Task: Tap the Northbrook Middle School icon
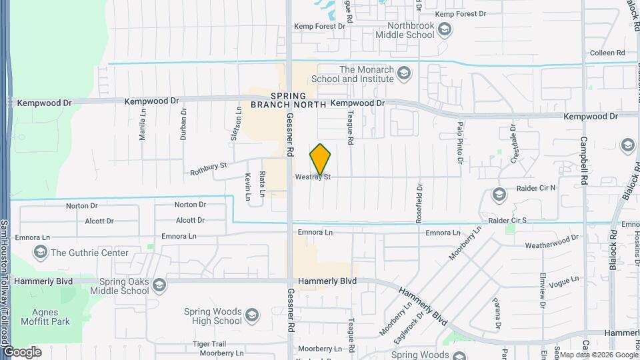445,29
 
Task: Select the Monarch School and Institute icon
403,73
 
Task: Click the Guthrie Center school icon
41,253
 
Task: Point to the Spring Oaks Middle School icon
159,286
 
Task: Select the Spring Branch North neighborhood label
289,100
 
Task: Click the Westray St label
313,177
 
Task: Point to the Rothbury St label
209,167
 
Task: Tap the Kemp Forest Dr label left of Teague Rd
322,26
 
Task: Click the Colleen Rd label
607,53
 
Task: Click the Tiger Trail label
209,343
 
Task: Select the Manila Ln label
142,126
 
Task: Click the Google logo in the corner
22,352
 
